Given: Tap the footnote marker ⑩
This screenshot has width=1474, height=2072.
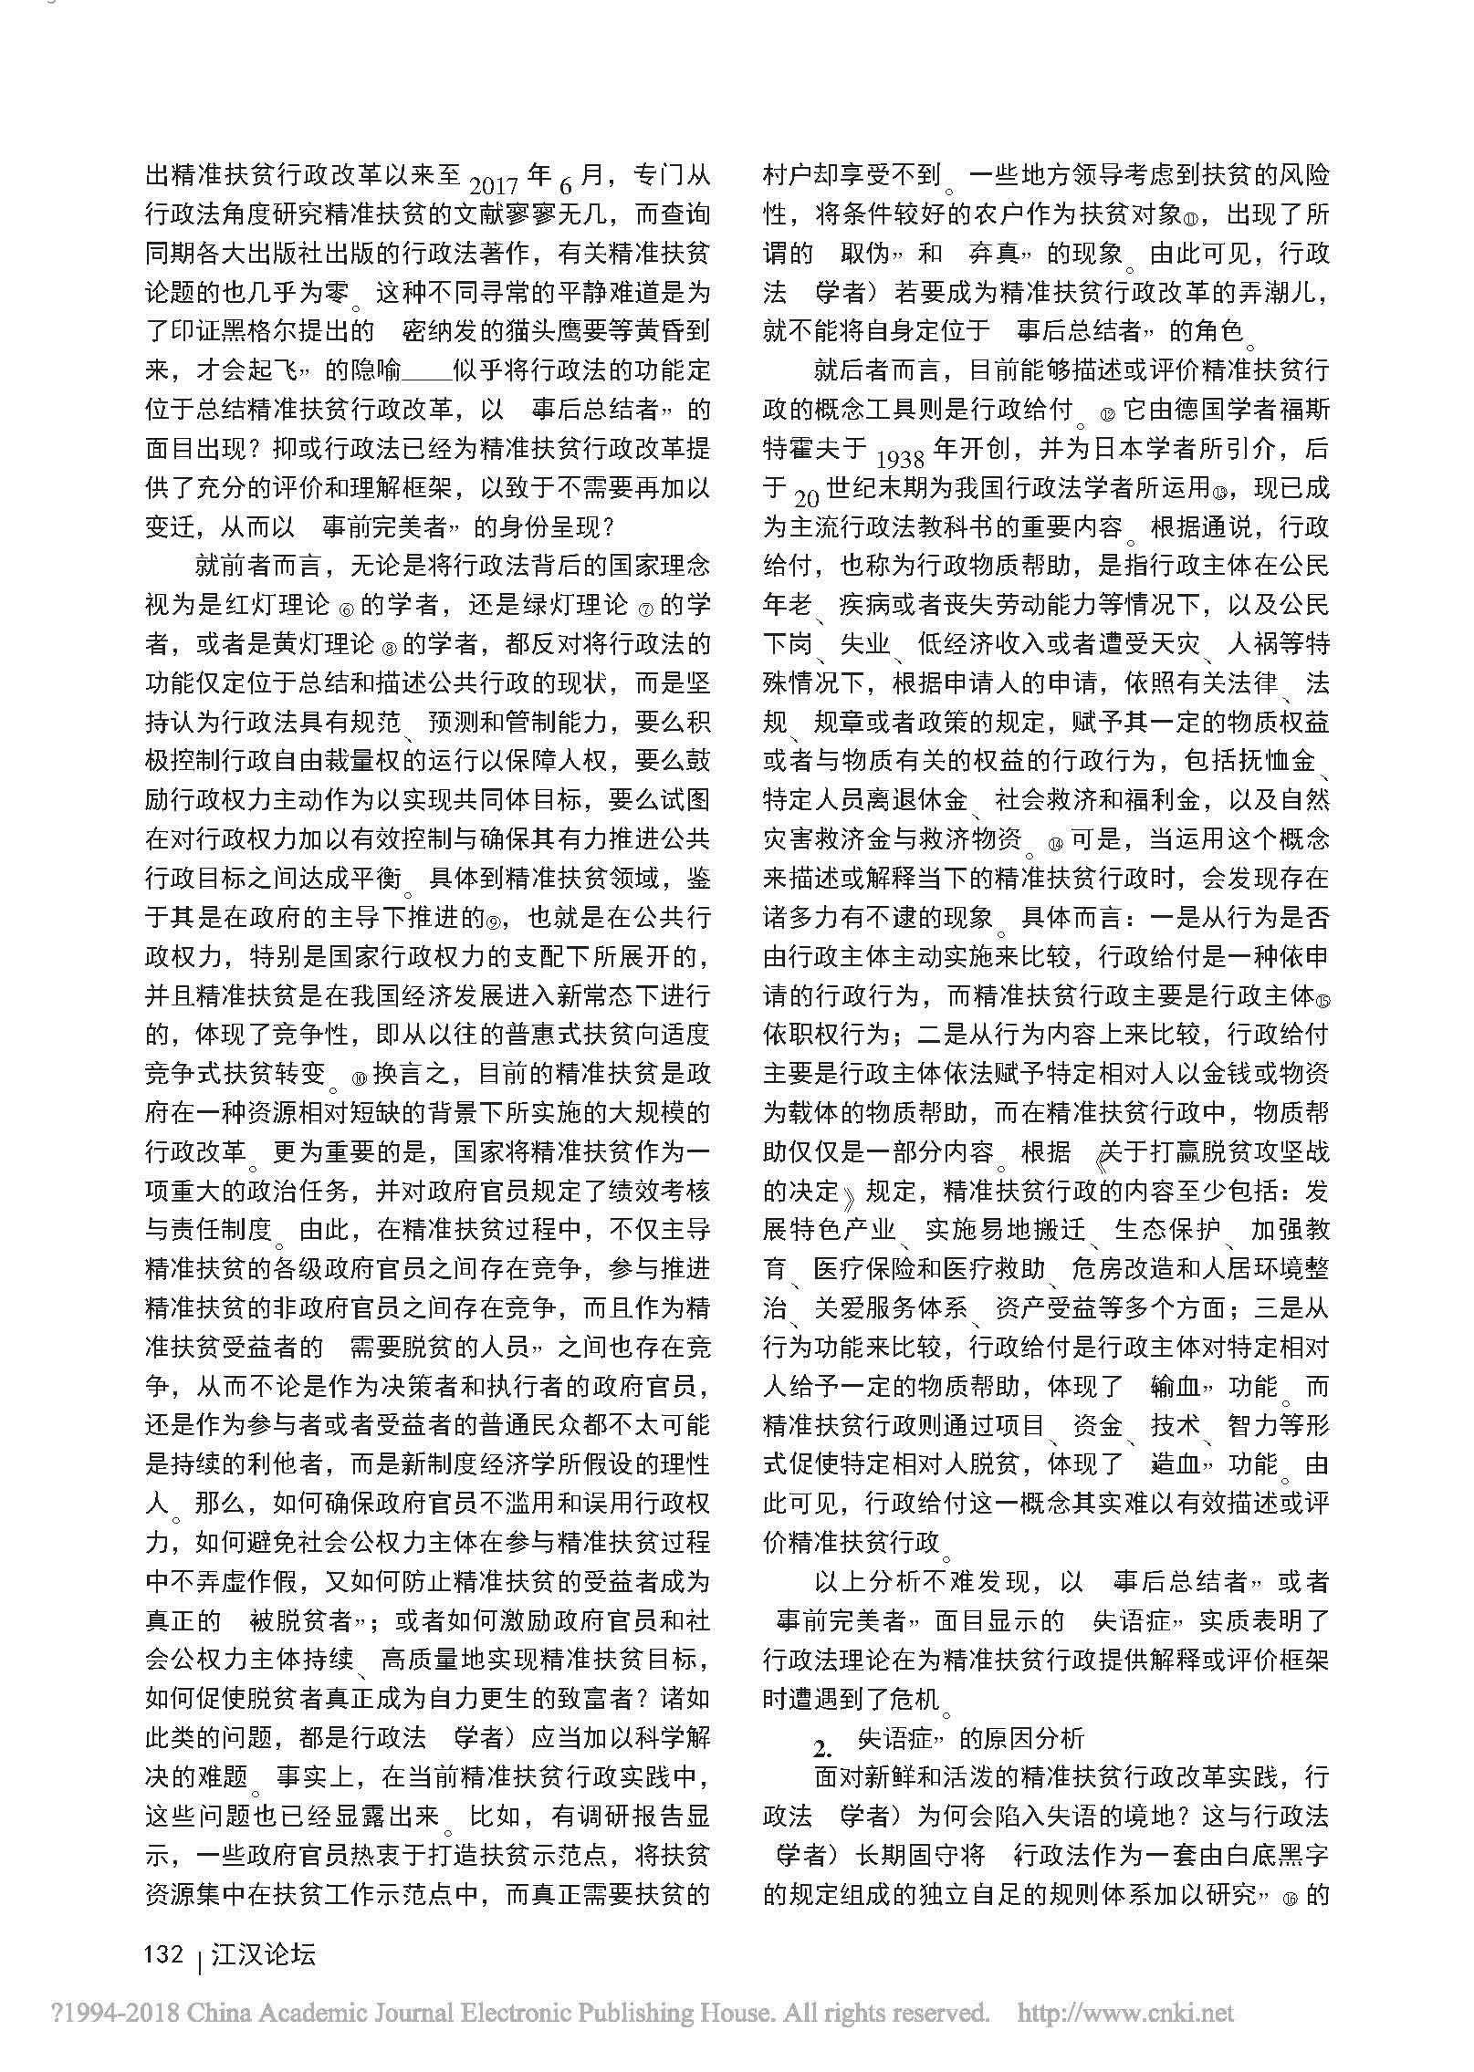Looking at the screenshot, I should coord(357,1078).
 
